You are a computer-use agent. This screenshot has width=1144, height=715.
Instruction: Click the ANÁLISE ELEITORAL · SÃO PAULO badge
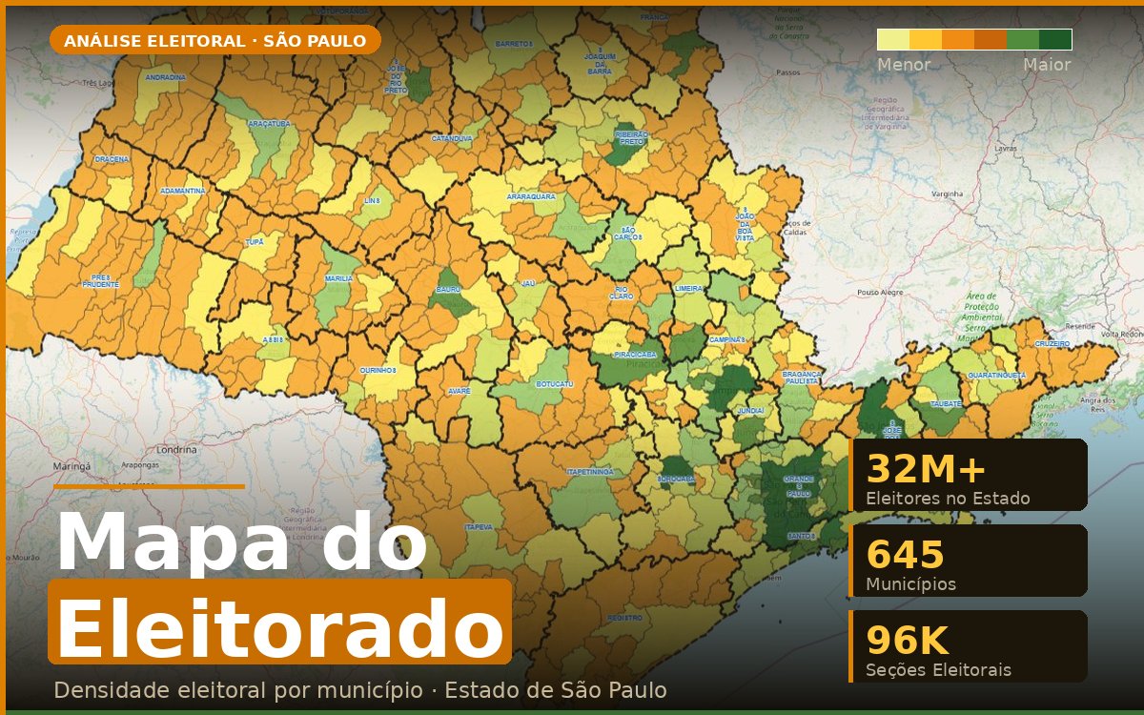pyautogui.click(x=214, y=41)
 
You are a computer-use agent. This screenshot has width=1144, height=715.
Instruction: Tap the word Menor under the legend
pyautogui.click(x=904, y=66)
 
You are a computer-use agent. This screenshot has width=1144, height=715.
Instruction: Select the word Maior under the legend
pyautogui.click(x=1047, y=66)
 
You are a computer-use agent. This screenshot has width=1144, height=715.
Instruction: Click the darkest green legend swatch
pyautogui.click(x=1055, y=39)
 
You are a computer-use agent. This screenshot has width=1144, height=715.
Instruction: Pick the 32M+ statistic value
pyautogui.click(x=926, y=470)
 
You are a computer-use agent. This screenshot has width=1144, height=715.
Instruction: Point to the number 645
pyautogui.click(x=905, y=555)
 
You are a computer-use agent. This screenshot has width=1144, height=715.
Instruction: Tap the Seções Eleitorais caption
pyautogui.click(x=938, y=670)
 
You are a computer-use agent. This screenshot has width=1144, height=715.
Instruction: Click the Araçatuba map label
pyautogui.click(x=269, y=124)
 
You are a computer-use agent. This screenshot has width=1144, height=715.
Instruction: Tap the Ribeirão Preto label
pyautogui.click(x=632, y=137)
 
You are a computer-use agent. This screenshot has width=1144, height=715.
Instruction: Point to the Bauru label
pyautogui.click(x=448, y=287)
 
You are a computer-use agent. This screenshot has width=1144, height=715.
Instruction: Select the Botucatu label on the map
pyautogui.click(x=555, y=383)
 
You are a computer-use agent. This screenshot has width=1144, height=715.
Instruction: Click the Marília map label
pyautogui.click(x=338, y=278)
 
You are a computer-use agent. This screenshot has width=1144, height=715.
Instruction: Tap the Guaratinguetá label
pyautogui.click(x=997, y=376)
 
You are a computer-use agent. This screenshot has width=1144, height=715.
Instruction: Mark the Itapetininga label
pyautogui.click(x=590, y=472)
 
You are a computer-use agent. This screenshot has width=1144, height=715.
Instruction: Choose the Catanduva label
pyautogui.click(x=452, y=138)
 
